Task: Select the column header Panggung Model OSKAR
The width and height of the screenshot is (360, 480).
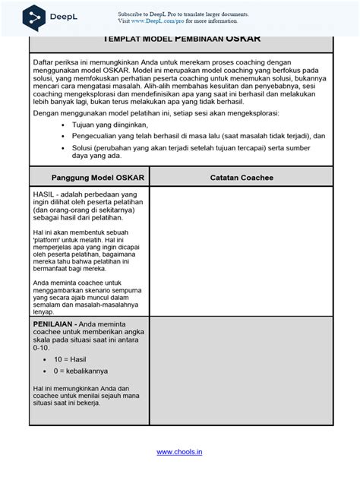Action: click(90, 177)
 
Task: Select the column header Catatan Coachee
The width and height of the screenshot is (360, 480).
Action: click(242, 177)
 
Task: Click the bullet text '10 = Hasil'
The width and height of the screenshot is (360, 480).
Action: click(69, 357)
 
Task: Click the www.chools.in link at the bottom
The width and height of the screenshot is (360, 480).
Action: click(179, 453)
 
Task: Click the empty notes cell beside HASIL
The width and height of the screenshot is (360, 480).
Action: click(242, 251)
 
